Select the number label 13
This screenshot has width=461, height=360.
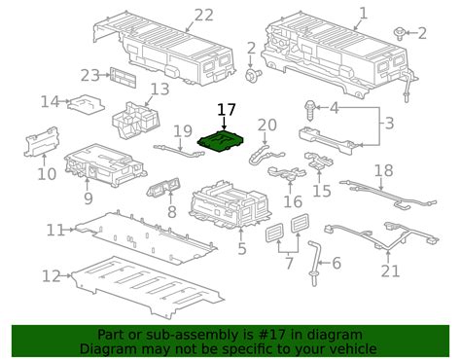click(x=159, y=89)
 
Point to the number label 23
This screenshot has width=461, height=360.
click(x=90, y=75)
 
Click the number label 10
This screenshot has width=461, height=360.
click(x=47, y=173)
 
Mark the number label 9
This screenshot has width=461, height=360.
click(x=88, y=198)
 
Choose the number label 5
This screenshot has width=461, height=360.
click(x=242, y=248)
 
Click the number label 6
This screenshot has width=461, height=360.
click(x=336, y=263)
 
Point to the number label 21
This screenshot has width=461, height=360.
click(x=391, y=271)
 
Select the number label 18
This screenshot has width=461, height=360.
click(x=384, y=170)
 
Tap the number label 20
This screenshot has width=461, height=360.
click(x=266, y=125)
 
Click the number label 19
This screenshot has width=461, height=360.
click(x=183, y=130)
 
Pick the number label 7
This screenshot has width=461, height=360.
click(x=288, y=265)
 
